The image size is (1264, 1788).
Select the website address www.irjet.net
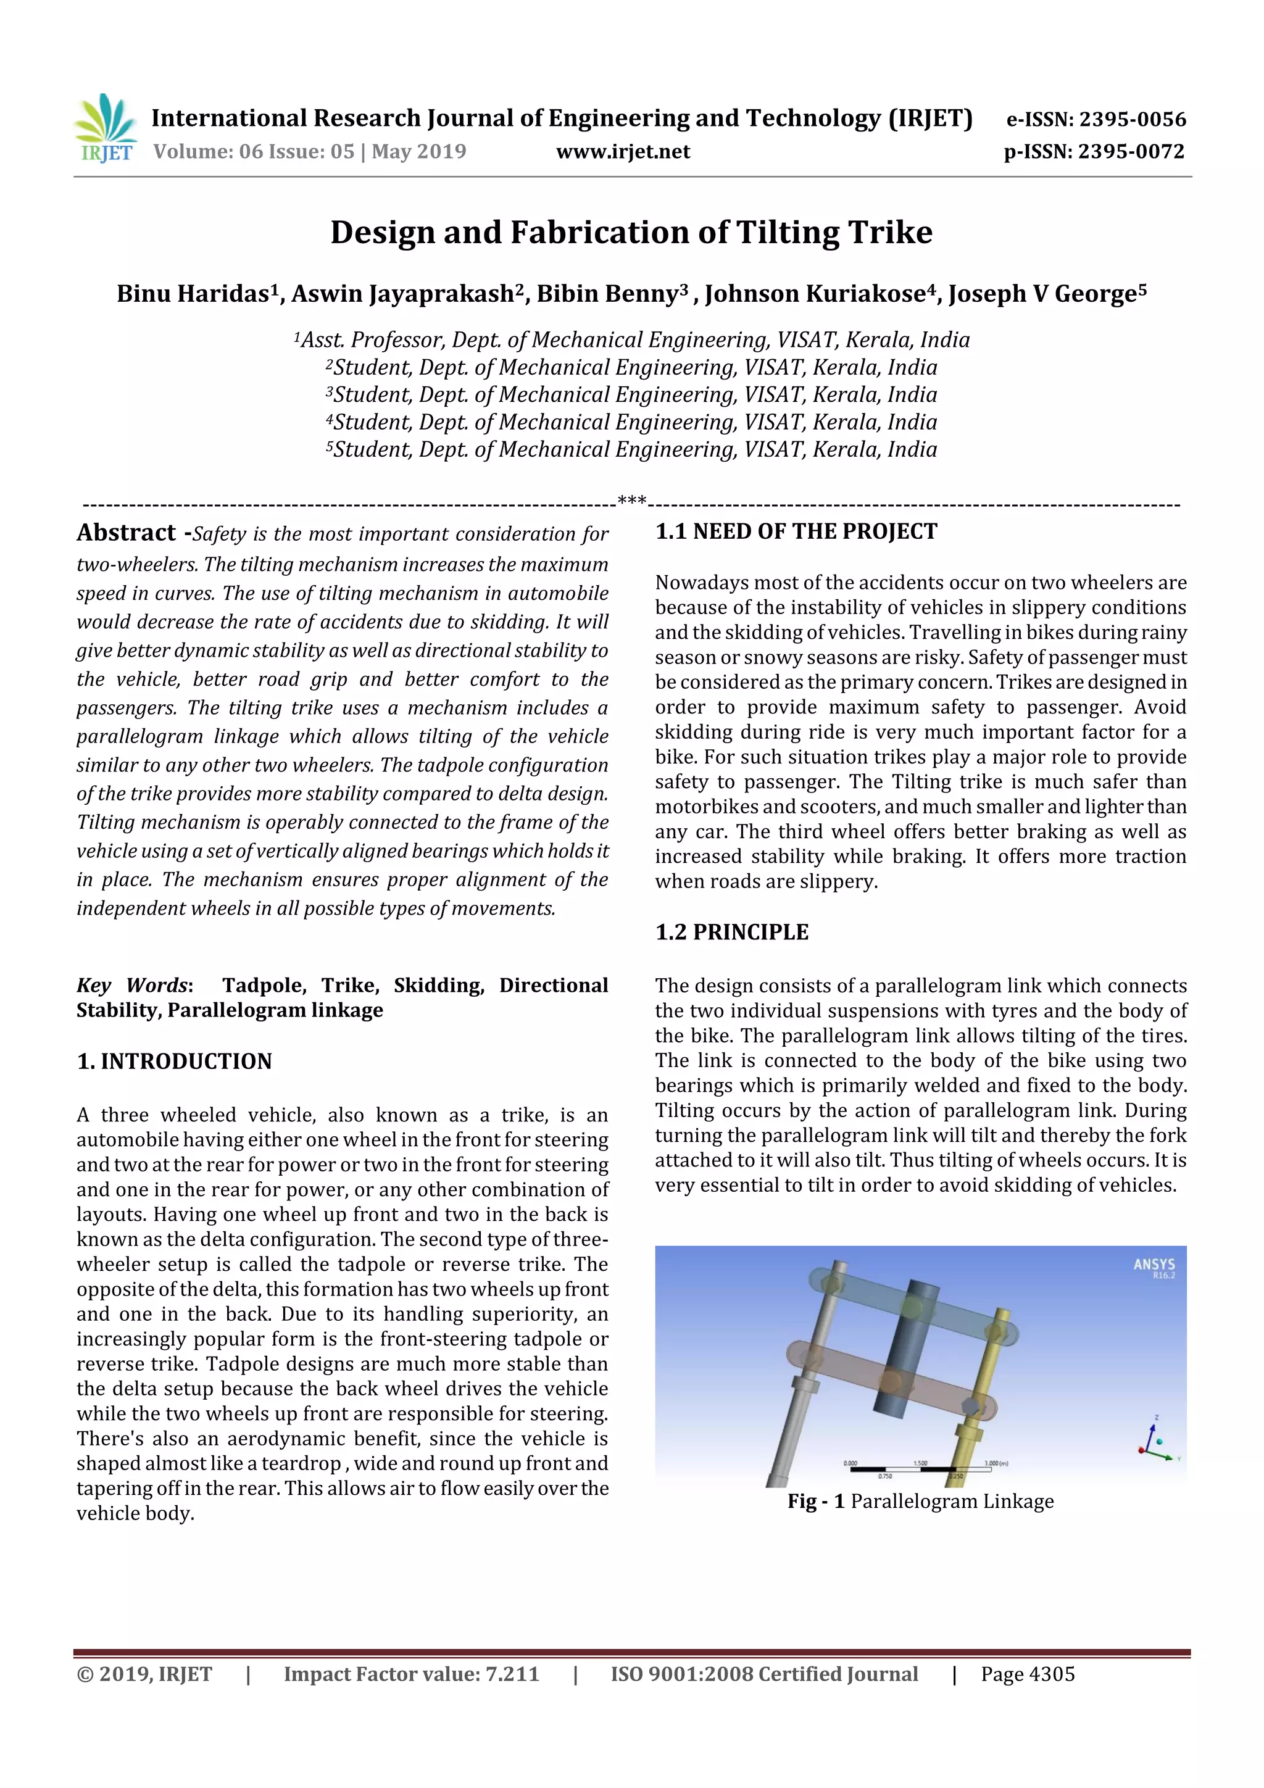coord(623,152)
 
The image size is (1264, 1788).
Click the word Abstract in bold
coord(126,533)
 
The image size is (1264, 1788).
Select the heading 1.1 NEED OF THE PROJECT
coord(796,532)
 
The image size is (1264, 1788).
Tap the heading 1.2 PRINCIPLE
coord(731,932)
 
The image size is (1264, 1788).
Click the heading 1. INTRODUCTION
coord(175,1062)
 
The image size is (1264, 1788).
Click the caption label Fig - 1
coord(815,1502)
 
